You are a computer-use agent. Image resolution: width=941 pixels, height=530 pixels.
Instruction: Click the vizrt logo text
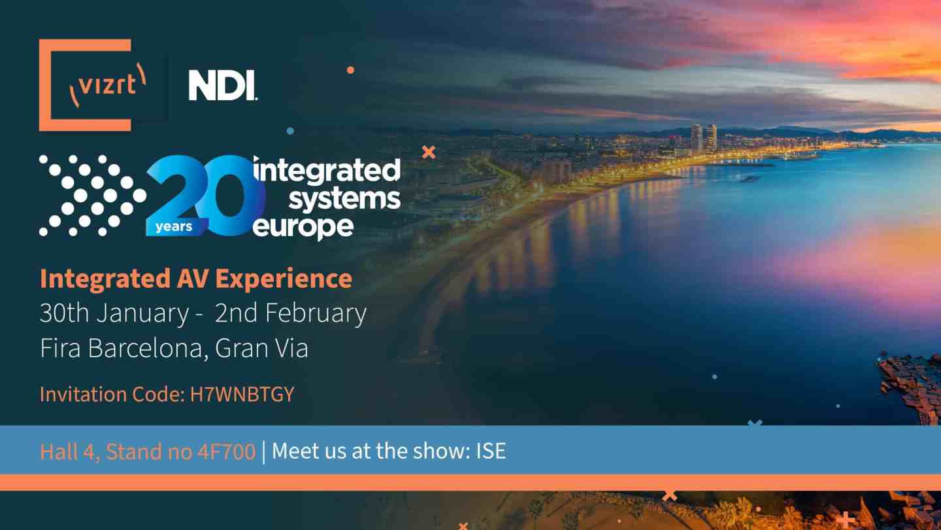(108, 85)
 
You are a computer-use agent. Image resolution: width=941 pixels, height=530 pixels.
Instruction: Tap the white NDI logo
(223, 85)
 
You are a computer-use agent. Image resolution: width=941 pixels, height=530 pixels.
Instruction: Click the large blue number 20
(206, 195)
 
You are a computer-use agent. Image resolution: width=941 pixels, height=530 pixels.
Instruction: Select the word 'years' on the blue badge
(174, 227)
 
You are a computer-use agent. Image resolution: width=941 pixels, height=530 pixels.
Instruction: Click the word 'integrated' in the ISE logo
(327, 170)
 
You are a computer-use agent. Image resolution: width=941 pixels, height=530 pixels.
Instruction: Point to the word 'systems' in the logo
(344, 199)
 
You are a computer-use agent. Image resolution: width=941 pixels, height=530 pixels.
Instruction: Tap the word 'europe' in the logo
(303, 228)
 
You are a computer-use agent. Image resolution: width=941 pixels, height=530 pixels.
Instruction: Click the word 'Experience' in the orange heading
(284, 279)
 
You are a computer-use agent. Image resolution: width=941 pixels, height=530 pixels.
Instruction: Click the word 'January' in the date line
(142, 314)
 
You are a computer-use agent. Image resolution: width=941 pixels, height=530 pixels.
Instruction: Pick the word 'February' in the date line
(316, 314)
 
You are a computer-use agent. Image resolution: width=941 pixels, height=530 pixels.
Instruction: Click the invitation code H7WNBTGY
(242, 394)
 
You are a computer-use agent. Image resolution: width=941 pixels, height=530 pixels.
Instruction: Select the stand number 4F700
(226, 451)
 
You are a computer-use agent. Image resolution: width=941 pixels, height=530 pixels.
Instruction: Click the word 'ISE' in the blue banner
(491, 451)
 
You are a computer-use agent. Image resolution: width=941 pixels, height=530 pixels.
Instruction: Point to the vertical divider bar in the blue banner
(263, 451)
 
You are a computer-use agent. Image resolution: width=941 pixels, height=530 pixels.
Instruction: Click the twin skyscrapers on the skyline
(704, 137)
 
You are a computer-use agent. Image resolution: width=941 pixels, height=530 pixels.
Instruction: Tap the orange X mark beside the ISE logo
(429, 152)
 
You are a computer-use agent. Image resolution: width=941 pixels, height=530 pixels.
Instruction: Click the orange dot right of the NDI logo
(350, 70)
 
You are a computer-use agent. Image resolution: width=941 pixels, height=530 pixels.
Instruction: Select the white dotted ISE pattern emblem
(92, 196)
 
